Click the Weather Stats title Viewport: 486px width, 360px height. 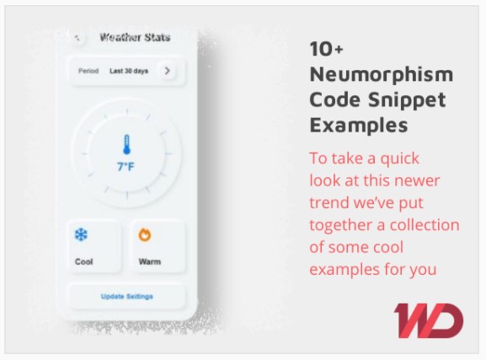pos(135,37)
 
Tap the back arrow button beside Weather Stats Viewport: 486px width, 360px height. pos(77,38)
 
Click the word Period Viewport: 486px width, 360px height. pos(88,71)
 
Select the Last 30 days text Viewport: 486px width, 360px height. pos(129,71)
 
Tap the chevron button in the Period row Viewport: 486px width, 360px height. pos(168,71)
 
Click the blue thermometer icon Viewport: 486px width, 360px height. pos(126,144)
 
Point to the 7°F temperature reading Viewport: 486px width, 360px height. pos(126,167)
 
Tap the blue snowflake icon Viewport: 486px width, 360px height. pos(81,234)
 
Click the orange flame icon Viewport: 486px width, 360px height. pos(145,234)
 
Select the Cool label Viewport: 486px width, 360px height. pos(83,261)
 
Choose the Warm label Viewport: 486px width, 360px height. pos(150,261)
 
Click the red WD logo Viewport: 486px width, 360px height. pos(429,320)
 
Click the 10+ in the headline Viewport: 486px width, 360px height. pos(326,49)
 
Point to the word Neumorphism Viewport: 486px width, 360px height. pos(382,74)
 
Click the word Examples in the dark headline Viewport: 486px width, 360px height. pos(359,126)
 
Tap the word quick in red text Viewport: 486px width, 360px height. pos(399,159)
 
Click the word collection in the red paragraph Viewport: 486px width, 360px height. pos(425,225)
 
